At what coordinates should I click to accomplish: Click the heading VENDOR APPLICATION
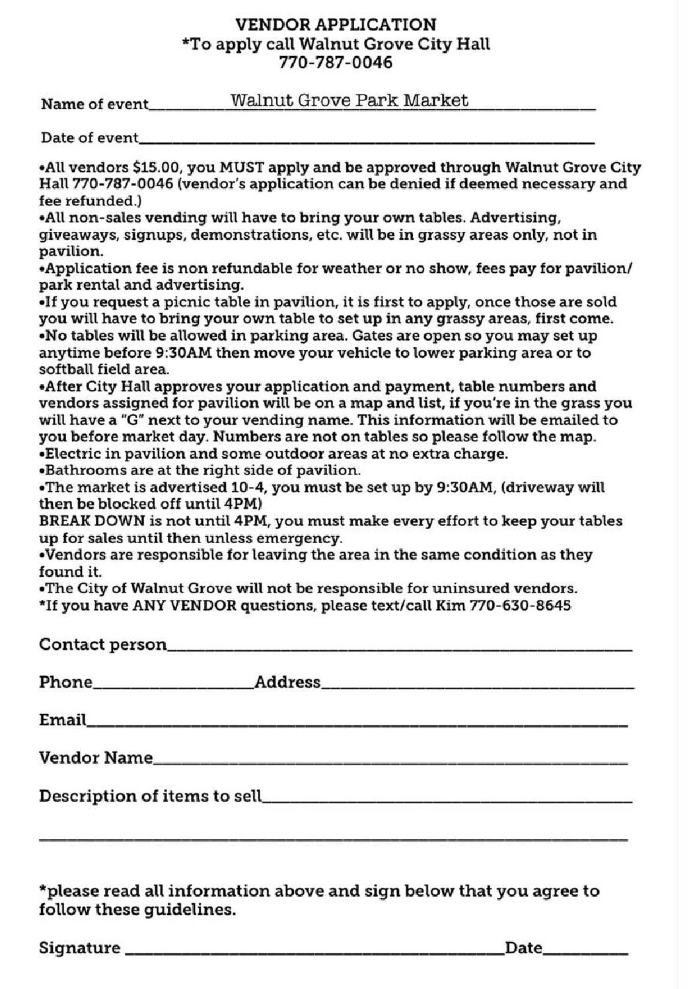336,25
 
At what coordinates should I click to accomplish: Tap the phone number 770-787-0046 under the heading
336,63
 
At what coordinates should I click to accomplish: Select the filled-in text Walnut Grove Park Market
349,100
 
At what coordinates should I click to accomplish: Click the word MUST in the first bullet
242,168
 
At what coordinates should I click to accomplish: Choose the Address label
288,682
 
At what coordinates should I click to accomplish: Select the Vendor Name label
96,758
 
